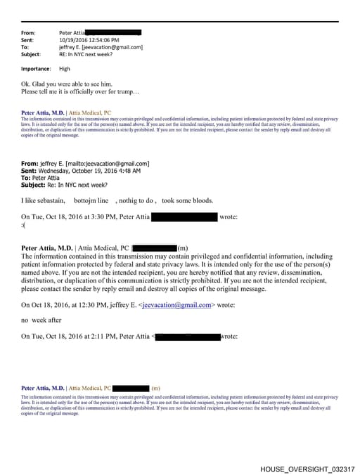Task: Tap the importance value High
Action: click(65, 69)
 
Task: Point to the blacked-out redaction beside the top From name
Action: click(114, 32)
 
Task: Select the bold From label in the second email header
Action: click(29, 164)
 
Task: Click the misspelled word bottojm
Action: click(84, 200)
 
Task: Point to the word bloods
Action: click(201, 200)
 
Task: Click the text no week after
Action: click(41, 320)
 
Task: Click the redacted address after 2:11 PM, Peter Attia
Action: click(188, 337)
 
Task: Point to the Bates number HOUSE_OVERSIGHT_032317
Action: click(307, 469)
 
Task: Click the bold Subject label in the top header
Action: click(31, 54)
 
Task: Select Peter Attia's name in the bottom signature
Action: click(44, 388)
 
